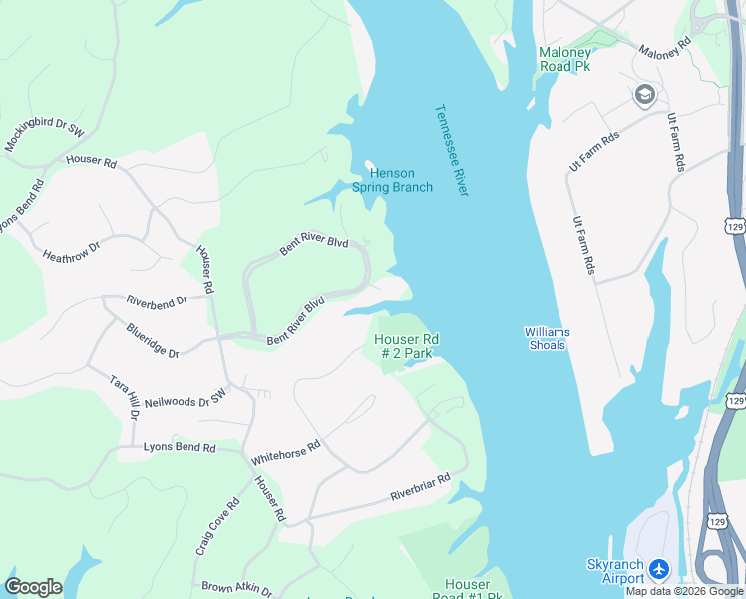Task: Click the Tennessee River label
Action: pyautogui.click(x=451, y=150)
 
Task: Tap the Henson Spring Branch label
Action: pyautogui.click(x=392, y=180)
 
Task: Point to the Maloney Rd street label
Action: pyautogui.click(x=665, y=49)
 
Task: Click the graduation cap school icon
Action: pyautogui.click(x=644, y=94)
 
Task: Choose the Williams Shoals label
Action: pyautogui.click(x=545, y=338)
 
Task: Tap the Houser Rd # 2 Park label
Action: pyautogui.click(x=406, y=346)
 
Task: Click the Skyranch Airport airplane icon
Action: pyautogui.click(x=658, y=570)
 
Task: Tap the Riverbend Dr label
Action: pyautogui.click(x=157, y=300)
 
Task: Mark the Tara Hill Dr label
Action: pyautogui.click(x=125, y=397)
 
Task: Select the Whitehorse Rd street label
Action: pyautogui.click(x=285, y=452)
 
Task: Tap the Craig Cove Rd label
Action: pyautogui.click(x=220, y=526)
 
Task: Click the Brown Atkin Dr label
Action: pyautogui.click(x=236, y=588)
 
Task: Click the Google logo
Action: pyautogui.click(x=33, y=587)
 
